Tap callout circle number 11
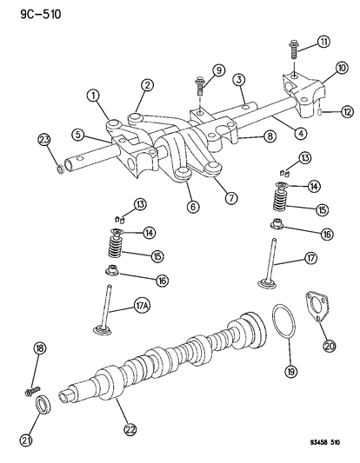tap(323, 43)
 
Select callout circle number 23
tap(43, 140)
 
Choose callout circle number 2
tap(149, 85)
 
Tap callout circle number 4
tap(276, 136)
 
